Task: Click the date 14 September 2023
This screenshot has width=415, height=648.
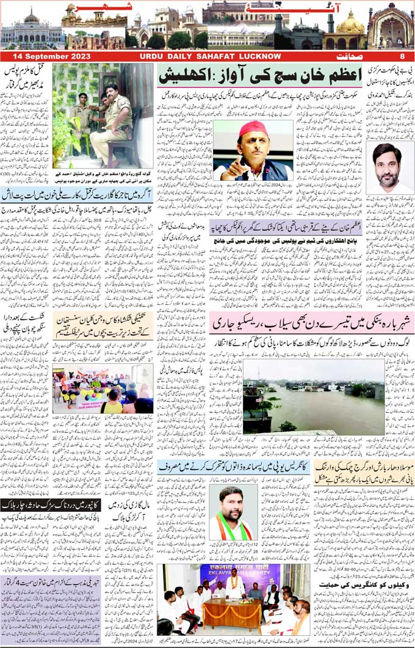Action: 45,56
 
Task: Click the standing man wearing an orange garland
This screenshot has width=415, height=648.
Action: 233,587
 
